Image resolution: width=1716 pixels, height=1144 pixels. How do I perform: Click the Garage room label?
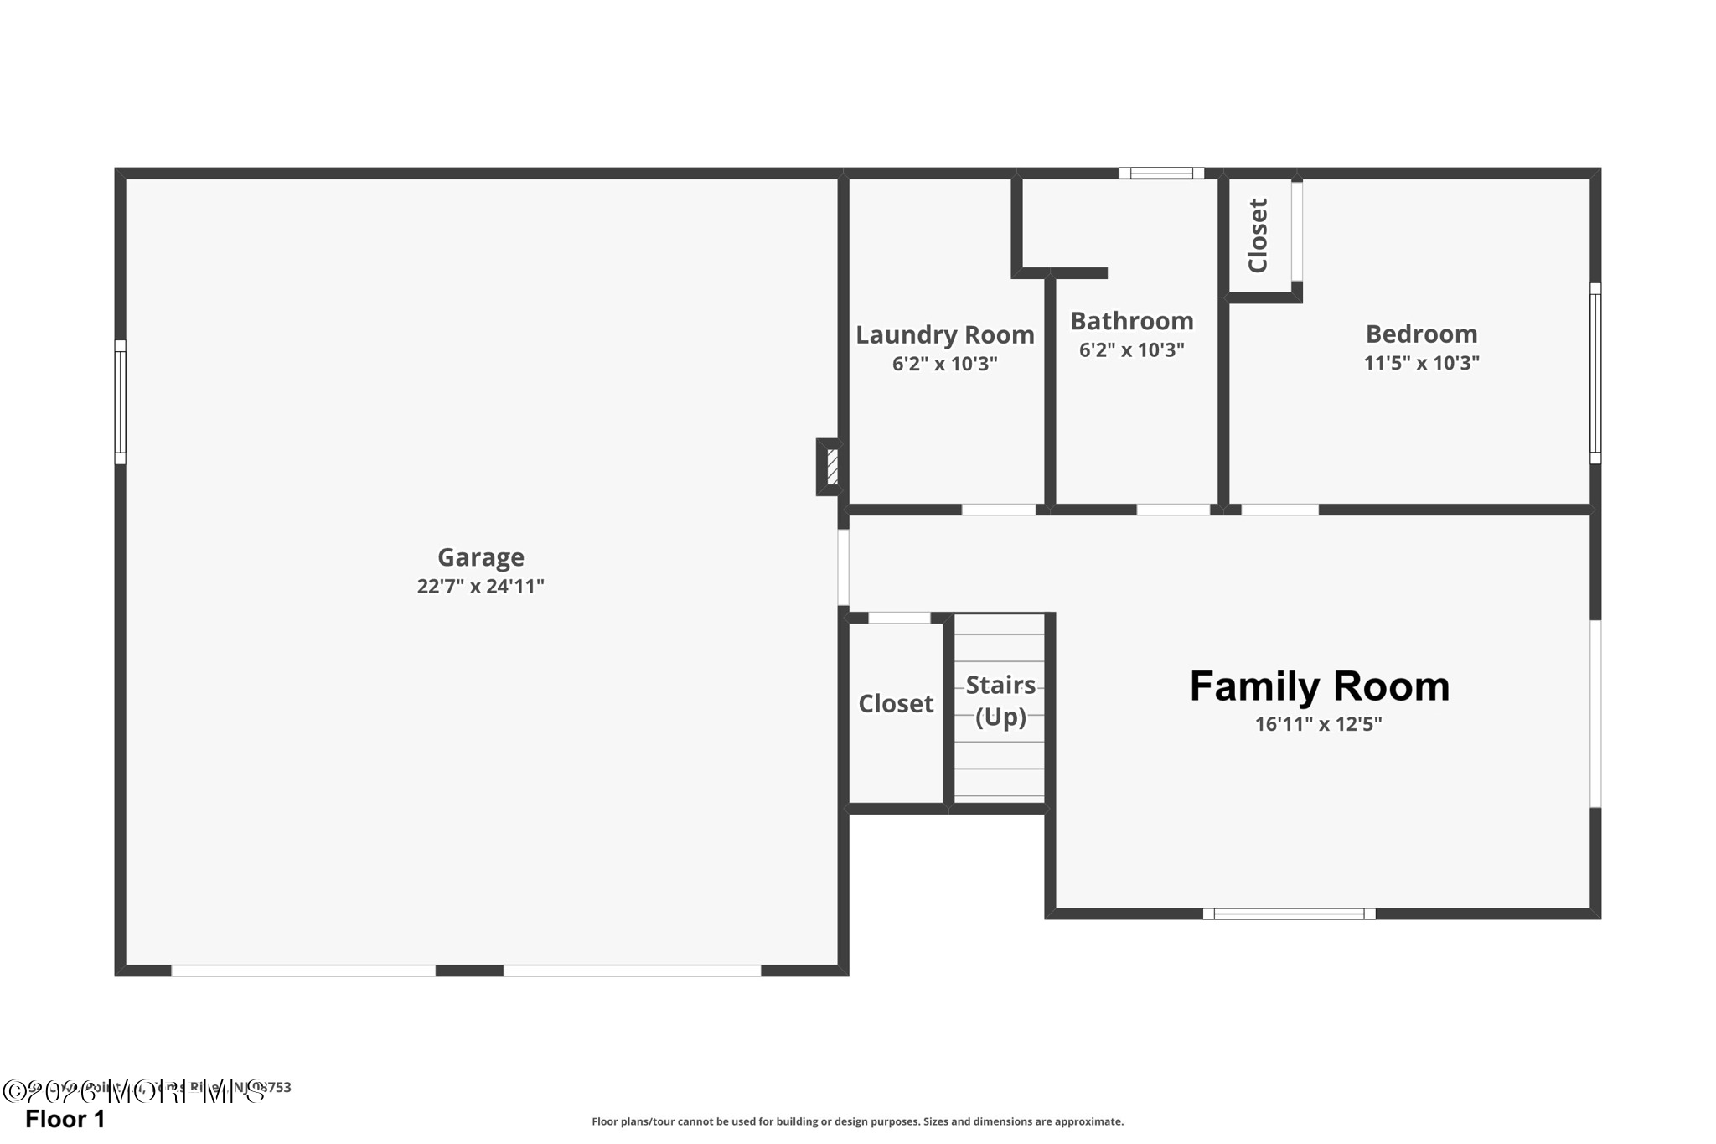point(480,557)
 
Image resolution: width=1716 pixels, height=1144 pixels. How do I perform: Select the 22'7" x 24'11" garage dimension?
point(480,587)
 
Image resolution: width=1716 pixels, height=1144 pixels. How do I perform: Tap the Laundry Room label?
point(944,335)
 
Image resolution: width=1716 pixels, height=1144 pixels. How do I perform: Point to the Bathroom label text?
point(1131,321)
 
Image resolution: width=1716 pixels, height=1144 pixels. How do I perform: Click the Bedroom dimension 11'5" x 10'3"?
point(1421,363)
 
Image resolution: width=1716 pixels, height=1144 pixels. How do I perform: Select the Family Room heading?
point(1319,686)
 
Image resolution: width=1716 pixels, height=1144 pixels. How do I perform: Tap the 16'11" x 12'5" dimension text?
point(1318,724)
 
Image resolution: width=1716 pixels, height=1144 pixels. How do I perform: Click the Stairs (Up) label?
point(1000,701)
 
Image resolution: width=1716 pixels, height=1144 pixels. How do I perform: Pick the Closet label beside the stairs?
point(895,704)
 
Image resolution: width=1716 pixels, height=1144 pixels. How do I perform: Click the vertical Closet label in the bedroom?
point(1258,236)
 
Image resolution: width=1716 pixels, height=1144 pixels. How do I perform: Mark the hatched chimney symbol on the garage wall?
point(831,467)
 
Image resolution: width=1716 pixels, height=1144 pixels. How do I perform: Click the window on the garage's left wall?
point(120,402)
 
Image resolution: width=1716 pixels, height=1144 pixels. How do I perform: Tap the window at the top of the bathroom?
point(1161,173)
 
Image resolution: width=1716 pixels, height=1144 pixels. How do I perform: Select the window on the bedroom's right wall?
point(1595,373)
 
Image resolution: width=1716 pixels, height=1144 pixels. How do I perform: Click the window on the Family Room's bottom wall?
point(1289,914)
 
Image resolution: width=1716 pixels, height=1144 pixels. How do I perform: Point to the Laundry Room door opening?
point(998,510)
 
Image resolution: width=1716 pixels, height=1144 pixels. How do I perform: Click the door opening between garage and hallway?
point(843,567)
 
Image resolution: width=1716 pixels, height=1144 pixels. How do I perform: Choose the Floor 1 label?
point(65,1120)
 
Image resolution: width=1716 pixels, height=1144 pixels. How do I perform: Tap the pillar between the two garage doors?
point(469,971)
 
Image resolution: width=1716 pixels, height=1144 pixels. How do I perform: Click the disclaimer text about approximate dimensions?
point(857,1121)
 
